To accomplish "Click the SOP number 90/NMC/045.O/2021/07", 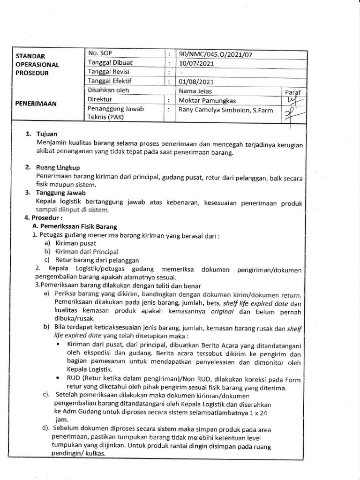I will (215, 54).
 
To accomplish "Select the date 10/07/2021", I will (196, 63).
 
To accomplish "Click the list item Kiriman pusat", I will (75, 243).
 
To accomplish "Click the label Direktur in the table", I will (100, 100).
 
